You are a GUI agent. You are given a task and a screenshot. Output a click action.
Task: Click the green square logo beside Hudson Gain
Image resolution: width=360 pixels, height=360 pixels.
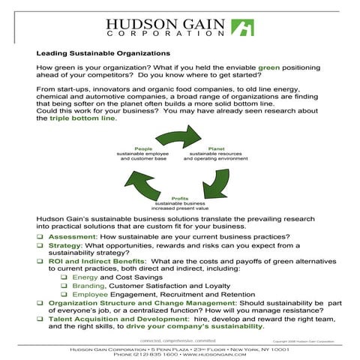tap(241, 28)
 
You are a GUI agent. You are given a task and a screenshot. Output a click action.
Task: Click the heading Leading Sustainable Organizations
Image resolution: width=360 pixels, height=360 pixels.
tap(103, 53)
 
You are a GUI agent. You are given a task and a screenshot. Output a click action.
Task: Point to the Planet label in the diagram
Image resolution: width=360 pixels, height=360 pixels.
tap(216, 148)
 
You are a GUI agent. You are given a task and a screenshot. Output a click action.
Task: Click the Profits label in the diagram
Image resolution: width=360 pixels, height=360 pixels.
tap(181, 197)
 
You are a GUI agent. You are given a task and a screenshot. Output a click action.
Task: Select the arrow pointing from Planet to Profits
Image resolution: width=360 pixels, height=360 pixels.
tap(222, 180)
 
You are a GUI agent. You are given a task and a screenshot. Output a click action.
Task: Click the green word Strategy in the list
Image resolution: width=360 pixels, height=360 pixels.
tap(66, 244)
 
